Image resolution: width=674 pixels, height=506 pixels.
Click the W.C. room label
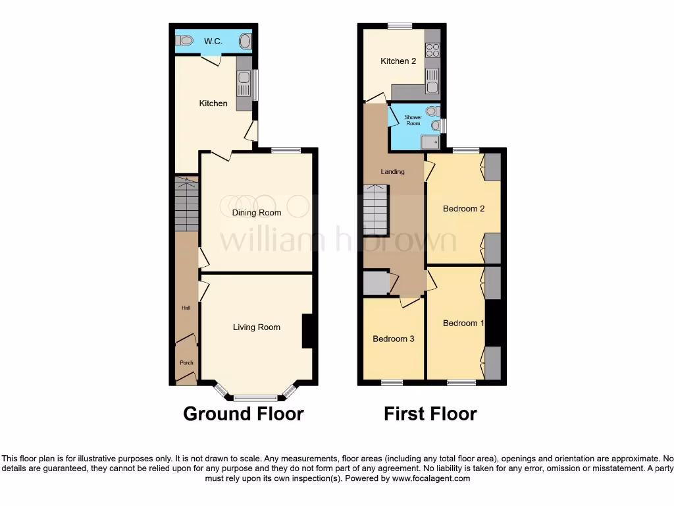click(x=212, y=42)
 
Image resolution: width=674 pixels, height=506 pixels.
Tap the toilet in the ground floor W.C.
click(x=184, y=42)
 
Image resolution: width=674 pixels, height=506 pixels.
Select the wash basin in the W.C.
click(x=245, y=42)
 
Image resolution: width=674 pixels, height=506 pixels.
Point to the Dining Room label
click(x=257, y=213)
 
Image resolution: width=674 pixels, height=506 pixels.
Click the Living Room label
click(x=257, y=327)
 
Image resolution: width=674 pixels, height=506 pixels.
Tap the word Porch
click(x=186, y=363)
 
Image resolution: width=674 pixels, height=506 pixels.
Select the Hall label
click(x=186, y=308)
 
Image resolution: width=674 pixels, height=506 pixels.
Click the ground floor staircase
click(x=187, y=204)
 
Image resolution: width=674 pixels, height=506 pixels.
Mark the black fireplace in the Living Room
click(x=307, y=331)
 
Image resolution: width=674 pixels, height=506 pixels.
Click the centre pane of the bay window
click(x=257, y=398)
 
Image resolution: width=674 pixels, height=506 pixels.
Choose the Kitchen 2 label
click(x=398, y=61)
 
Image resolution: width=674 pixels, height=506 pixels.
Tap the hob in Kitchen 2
click(x=433, y=49)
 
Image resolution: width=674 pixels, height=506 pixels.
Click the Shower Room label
click(x=413, y=121)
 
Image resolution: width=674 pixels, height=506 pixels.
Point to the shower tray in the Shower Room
click(x=430, y=141)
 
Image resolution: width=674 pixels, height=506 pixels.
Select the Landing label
click(x=392, y=172)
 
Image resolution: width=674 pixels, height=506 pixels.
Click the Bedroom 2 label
click(x=463, y=209)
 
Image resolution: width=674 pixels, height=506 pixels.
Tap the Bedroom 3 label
click(x=394, y=339)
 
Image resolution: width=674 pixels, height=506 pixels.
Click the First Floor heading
click(x=430, y=414)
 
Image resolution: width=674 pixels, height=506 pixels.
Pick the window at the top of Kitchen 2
click(x=400, y=26)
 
